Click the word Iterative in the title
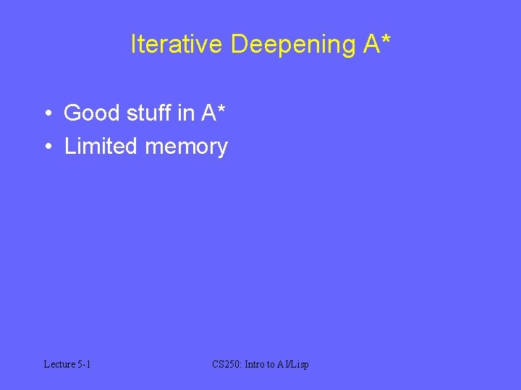[177, 45]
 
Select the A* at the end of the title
[378, 45]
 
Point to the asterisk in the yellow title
[386, 39]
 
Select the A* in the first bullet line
[214, 113]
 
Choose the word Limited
[101, 147]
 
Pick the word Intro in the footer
[255, 364]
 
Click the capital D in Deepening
[240, 45]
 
